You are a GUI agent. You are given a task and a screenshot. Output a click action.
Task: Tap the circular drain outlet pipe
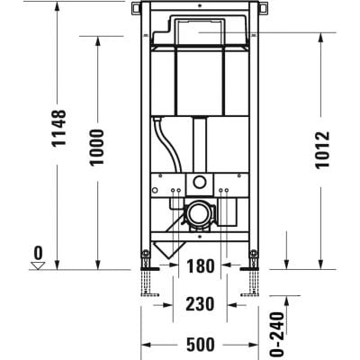click(x=197, y=216)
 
